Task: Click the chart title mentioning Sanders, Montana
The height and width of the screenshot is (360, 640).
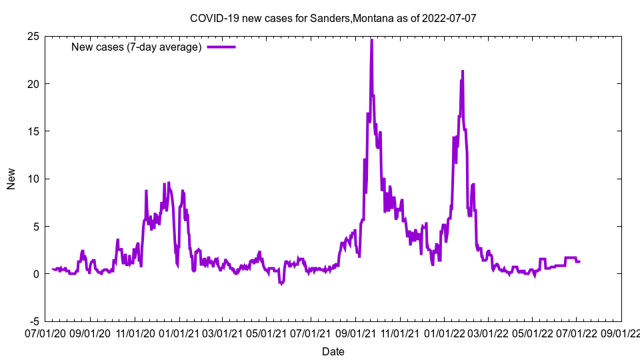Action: click(333, 18)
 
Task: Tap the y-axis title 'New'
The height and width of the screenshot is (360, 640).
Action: click(11, 179)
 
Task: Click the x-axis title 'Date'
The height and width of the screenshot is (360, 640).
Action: click(333, 351)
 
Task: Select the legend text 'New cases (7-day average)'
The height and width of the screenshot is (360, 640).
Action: click(137, 47)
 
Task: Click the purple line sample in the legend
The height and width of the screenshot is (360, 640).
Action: click(221, 47)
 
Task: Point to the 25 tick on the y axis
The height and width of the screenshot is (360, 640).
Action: click(33, 36)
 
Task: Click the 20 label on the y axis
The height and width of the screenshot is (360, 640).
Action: click(33, 83)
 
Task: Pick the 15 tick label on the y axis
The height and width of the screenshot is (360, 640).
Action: click(33, 131)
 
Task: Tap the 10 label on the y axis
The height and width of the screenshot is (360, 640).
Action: click(33, 179)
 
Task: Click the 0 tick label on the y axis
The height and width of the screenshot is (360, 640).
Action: click(36, 274)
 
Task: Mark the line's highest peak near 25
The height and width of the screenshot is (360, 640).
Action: click(371, 40)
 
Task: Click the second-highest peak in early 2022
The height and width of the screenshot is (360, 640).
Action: click(462, 71)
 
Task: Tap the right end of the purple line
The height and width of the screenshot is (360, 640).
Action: click(579, 261)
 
